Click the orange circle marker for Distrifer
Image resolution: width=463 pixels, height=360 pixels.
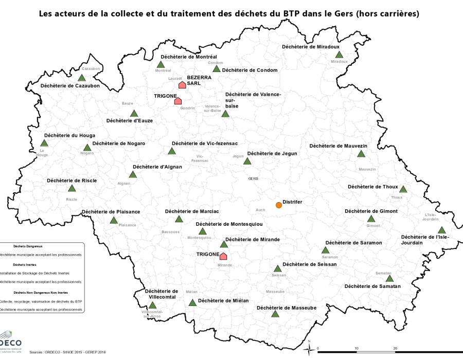click(x=279, y=205)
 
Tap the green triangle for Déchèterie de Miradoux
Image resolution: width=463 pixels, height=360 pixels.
click(x=339, y=55)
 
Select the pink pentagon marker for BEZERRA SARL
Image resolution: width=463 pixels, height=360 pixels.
click(x=182, y=85)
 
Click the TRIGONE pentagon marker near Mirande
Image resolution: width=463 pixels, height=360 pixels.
click(x=223, y=256)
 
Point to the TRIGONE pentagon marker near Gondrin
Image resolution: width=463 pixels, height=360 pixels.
click(x=177, y=101)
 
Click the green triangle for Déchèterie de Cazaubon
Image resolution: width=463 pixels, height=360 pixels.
click(x=81, y=78)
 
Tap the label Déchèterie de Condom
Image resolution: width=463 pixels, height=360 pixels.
click(x=250, y=70)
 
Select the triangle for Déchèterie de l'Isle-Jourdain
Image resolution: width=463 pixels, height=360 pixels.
click(x=441, y=230)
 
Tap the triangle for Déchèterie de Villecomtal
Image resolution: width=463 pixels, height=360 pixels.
click(x=152, y=305)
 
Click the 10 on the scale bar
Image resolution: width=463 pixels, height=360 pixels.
click(x=357, y=349)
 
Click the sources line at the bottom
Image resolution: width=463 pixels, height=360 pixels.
click(x=67, y=353)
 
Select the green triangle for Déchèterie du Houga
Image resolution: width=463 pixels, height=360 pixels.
click(x=44, y=143)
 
